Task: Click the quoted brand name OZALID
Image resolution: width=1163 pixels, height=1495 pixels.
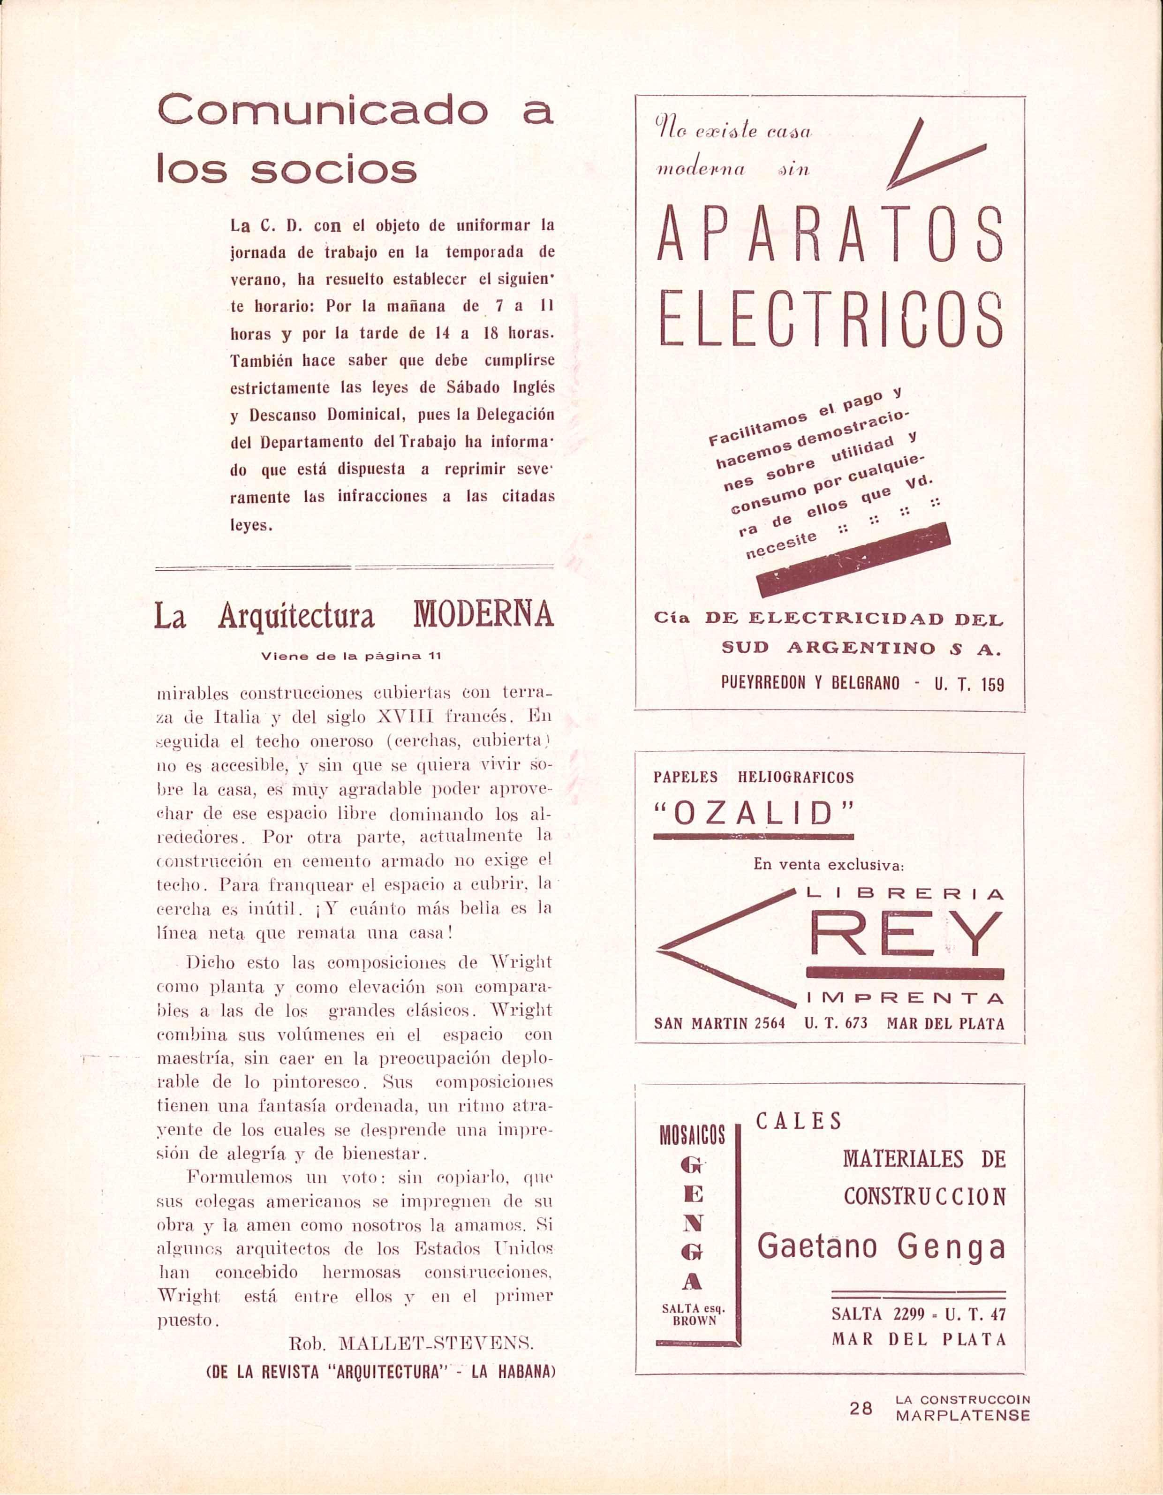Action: pos(754,813)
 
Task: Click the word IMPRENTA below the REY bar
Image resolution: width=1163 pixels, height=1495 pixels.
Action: pos(905,999)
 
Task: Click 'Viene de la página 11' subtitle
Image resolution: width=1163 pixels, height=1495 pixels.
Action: pos(351,656)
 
